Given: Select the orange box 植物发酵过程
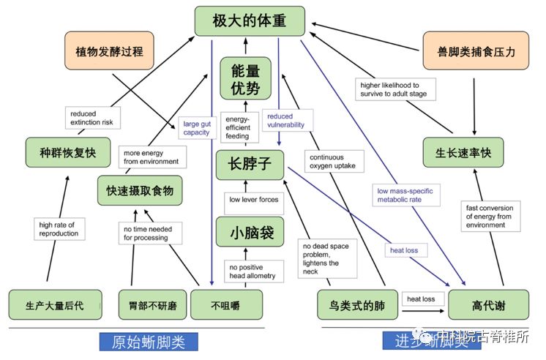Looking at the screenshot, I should click(109, 51).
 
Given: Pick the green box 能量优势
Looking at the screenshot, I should click(246, 78).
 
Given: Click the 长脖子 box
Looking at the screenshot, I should click(249, 165).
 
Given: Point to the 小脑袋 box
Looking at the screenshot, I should click(249, 232).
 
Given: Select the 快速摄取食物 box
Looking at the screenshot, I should click(140, 190).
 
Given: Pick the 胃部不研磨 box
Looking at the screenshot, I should click(152, 304).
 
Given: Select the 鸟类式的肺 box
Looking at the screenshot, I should click(353, 304).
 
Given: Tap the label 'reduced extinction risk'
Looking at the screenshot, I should click(92, 118).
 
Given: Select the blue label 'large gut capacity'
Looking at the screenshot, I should click(196, 127).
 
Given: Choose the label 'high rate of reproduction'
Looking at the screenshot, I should click(57, 228).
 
